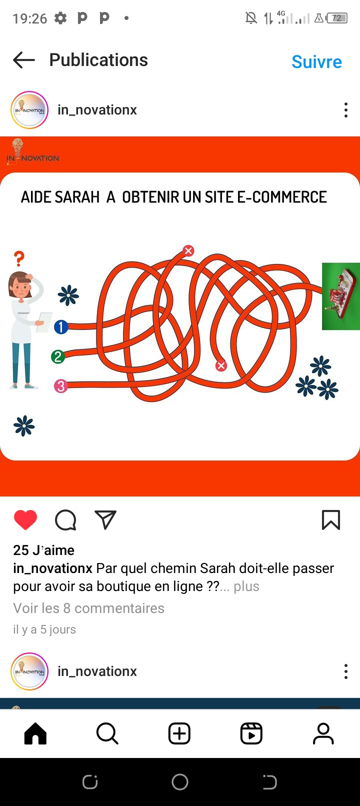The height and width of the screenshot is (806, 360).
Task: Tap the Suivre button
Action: click(316, 61)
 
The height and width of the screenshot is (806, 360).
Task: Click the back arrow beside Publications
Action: click(24, 59)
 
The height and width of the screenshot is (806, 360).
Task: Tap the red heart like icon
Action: click(25, 519)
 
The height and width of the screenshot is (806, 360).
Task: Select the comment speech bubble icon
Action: click(65, 520)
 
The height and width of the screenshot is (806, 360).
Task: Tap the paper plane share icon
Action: click(105, 519)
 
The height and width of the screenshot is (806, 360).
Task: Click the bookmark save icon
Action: click(331, 520)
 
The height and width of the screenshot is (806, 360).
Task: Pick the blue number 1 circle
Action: click(61, 326)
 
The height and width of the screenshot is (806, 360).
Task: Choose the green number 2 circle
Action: click(58, 356)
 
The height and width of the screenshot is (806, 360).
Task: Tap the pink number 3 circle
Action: click(61, 386)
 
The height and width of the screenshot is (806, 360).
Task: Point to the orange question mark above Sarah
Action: click(19, 258)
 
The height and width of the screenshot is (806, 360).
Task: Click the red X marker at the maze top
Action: click(188, 250)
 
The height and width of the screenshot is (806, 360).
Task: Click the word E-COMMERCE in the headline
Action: click(282, 197)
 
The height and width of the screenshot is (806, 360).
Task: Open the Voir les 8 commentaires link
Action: click(88, 608)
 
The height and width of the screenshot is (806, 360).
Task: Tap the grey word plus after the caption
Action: click(246, 586)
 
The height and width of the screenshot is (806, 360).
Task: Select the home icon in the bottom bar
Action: click(35, 733)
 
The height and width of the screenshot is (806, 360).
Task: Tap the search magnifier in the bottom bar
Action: click(107, 733)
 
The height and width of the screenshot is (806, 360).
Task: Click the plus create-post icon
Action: click(179, 733)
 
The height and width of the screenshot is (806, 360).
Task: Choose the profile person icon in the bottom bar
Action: click(323, 733)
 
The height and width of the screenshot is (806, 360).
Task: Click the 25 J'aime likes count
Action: click(43, 550)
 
